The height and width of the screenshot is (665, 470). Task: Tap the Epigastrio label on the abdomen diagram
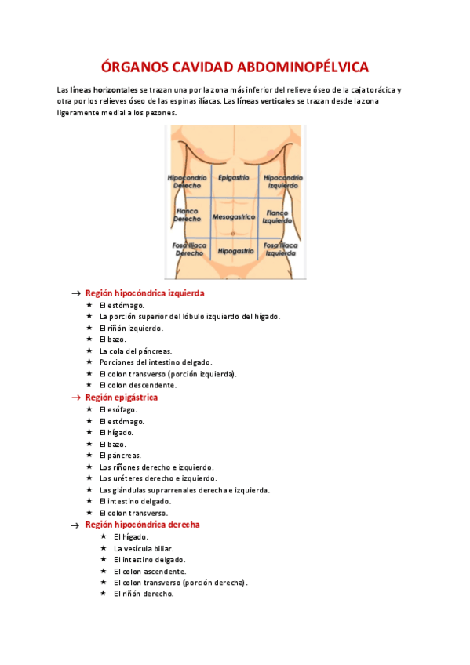[235, 178]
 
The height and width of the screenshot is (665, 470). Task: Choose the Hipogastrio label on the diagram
[235, 251]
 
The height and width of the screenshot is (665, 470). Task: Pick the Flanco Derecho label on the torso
[187, 215]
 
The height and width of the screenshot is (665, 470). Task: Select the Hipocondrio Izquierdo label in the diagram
[281, 182]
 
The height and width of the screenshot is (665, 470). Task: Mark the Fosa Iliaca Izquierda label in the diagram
[280, 249]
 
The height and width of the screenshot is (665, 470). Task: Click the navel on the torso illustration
[234, 233]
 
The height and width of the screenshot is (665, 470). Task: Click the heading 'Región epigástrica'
[122, 398]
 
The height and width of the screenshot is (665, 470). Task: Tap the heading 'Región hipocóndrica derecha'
[142, 525]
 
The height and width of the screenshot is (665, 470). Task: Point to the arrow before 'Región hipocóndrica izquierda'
[75, 293]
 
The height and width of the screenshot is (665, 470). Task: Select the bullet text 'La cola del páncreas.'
[135, 351]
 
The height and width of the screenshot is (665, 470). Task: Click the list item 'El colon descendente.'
[138, 385]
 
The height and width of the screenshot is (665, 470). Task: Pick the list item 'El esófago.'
[118, 409]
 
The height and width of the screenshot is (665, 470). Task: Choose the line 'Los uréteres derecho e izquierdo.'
[158, 478]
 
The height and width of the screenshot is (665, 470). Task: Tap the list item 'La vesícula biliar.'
[144, 548]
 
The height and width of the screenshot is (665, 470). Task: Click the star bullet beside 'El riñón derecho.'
[104, 594]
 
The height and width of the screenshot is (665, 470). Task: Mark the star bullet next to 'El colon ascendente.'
[104, 571]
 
